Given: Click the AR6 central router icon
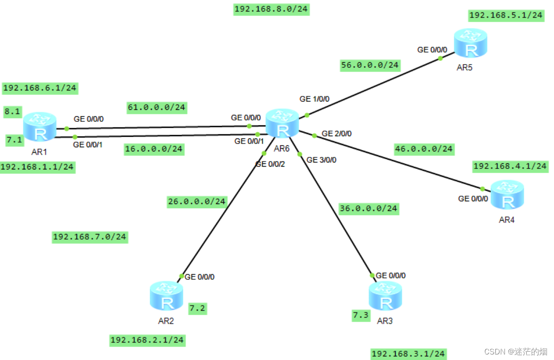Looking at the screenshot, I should [x=282, y=123].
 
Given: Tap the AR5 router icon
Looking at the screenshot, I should [x=470, y=43].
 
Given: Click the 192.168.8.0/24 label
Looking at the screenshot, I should [x=271, y=9].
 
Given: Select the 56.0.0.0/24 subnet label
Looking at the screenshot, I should [x=369, y=65].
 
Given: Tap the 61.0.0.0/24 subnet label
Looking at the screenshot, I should [x=157, y=108].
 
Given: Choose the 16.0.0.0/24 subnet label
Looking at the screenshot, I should [x=154, y=149].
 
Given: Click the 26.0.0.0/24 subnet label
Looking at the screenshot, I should [x=197, y=201].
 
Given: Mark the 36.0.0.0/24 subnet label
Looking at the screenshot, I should [x=368, y=208].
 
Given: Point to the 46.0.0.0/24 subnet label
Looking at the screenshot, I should [x=424, y=149].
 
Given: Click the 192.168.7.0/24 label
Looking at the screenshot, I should [x=90, y=237].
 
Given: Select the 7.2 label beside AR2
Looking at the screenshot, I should [x=198, y=308].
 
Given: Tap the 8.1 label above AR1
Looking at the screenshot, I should [x=12, y=111].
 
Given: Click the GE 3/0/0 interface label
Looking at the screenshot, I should [x=322, y=160].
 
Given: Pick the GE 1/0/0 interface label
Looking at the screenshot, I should [x=314, y=99].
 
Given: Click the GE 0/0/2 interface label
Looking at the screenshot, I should [x=270, y=164].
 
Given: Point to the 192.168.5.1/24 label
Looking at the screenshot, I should [x=506, y=15].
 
